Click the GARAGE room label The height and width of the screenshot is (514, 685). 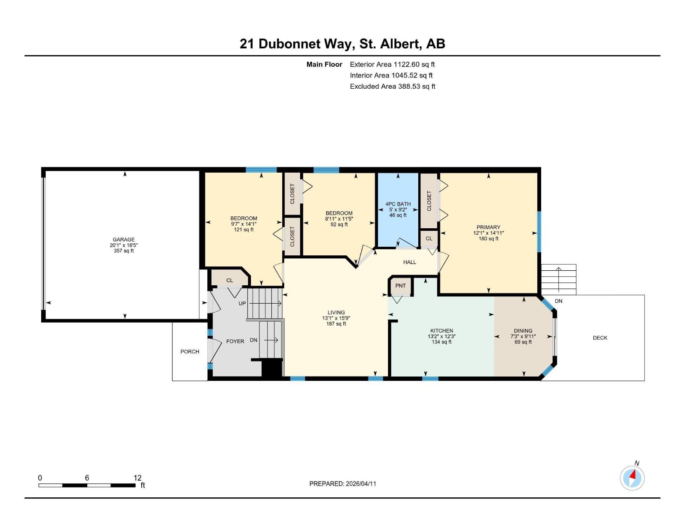click(x=124, y=240)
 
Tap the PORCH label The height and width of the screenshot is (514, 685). click(x=190, y=352)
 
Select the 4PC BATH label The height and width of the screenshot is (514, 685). click(x=398, y=204)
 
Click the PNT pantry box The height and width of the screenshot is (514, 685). click(x=401, y=286)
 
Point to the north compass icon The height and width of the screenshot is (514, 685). click(x=632, y=478)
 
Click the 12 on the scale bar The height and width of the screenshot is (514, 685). click(x=137, y=478)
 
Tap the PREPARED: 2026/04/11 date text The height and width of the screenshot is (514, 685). click(x=342, y=484)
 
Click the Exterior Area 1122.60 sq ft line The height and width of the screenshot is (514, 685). click(x=392, y=65)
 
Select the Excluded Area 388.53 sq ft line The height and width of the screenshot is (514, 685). click(x=393, y=87)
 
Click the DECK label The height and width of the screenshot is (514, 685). click(x=600, y=338)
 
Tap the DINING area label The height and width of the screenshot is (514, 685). click(x=523, y=331)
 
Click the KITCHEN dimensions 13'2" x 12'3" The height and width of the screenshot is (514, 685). click(x=441, y=337)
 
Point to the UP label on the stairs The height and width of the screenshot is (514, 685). click(x=242, y=303)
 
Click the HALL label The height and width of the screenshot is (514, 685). click(x=409, y=262)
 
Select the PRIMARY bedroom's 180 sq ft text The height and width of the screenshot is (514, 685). click(x=488, y=239)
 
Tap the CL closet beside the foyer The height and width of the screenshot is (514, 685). click(x=229, y=281)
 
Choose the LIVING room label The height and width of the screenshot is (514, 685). click(x=336, y=313)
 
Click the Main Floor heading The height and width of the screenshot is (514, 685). click(x=324, y=65)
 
